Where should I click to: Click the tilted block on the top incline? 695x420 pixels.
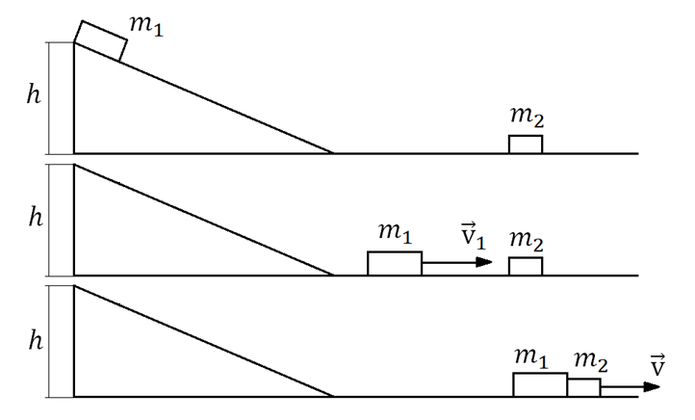coord(101,41)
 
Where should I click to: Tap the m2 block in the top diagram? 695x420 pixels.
coord(526,144)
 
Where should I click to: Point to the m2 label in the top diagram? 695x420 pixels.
coord(526,118)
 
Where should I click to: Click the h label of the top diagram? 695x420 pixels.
coord(36,97)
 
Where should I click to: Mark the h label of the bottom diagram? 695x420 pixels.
coord(36,338)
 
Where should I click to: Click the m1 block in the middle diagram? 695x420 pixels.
coord(395,263)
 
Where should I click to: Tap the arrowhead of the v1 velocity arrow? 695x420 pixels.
coord(486,263)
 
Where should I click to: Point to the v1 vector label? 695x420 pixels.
coord(470,235)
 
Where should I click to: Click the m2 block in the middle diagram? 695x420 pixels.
coord(526,266)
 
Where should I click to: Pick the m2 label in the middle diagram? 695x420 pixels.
coord(526,239)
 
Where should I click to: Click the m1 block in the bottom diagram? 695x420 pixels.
coord(539,384)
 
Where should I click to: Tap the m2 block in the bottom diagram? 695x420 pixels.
coord(583,387)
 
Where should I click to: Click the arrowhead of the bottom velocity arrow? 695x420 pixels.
coord(654,387)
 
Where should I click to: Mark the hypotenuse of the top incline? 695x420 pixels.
coord(202,96)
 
